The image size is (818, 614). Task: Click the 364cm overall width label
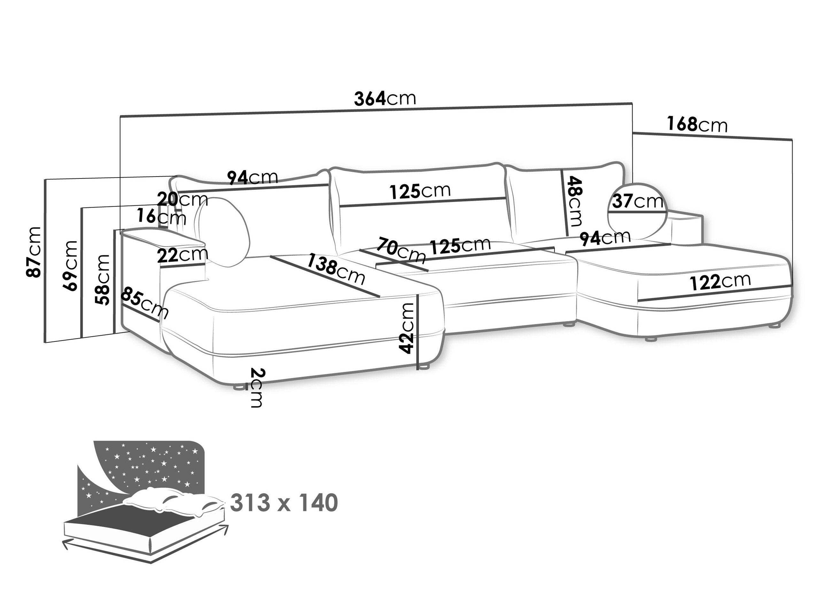click(385, 99)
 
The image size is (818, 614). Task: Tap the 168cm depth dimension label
click(697, 124)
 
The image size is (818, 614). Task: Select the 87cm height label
click(34, 252)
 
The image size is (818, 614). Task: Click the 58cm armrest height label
click(103, 279)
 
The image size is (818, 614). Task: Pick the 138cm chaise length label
click(336, 269)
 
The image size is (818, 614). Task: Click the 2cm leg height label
click(257, 388)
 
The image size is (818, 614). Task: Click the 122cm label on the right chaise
click(720, 282)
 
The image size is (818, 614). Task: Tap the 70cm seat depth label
click(400, 251)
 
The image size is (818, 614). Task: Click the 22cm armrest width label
click(182, 255)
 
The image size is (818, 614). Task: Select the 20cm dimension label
click(182, 200)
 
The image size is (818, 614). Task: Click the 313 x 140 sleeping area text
click(284, 503)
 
